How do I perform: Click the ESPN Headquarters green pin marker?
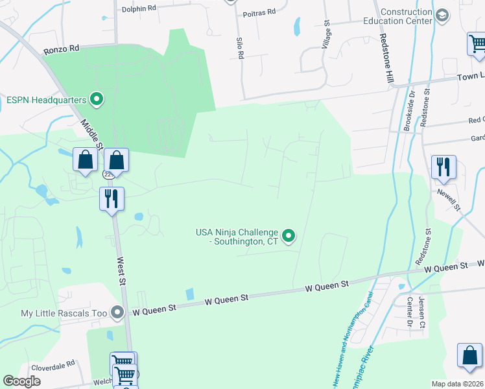97,100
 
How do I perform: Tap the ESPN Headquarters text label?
46,100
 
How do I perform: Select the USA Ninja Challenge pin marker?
289,236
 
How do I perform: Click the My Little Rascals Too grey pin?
117,313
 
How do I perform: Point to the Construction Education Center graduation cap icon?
442,16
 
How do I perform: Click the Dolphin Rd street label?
139,9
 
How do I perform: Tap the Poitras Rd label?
259,12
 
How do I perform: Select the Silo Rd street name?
239,47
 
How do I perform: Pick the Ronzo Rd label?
61,49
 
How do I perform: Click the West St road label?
121,267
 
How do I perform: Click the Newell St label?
448,199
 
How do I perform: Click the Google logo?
21,381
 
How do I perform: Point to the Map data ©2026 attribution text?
456,384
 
